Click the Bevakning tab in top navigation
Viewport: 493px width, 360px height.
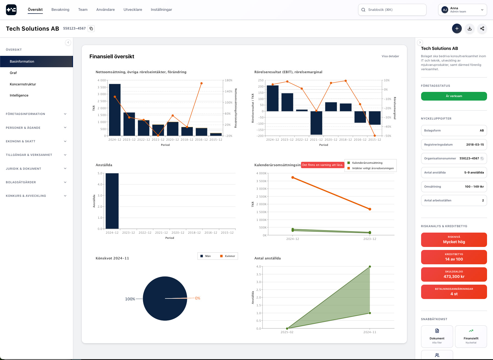60,10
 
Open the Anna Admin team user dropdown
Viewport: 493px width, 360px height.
462,10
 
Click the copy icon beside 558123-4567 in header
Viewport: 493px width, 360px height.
91,28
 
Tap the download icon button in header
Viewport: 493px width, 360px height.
470,28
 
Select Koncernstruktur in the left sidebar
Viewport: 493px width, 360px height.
23,84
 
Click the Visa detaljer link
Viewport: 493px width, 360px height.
390,56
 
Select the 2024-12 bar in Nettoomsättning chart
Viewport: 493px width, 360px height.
115,110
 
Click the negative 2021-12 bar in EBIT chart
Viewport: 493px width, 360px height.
316,123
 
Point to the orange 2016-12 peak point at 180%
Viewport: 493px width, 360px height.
201,83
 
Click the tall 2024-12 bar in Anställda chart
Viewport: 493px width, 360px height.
112,201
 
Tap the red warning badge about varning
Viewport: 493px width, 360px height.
323,165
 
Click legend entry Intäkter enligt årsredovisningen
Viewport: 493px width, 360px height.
373,168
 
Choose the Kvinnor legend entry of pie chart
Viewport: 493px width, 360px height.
230,256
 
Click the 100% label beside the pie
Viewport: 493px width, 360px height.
130,299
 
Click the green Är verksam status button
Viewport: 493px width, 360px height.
454,96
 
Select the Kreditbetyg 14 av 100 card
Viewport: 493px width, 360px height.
454,257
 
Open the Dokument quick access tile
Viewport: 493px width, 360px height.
437,336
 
